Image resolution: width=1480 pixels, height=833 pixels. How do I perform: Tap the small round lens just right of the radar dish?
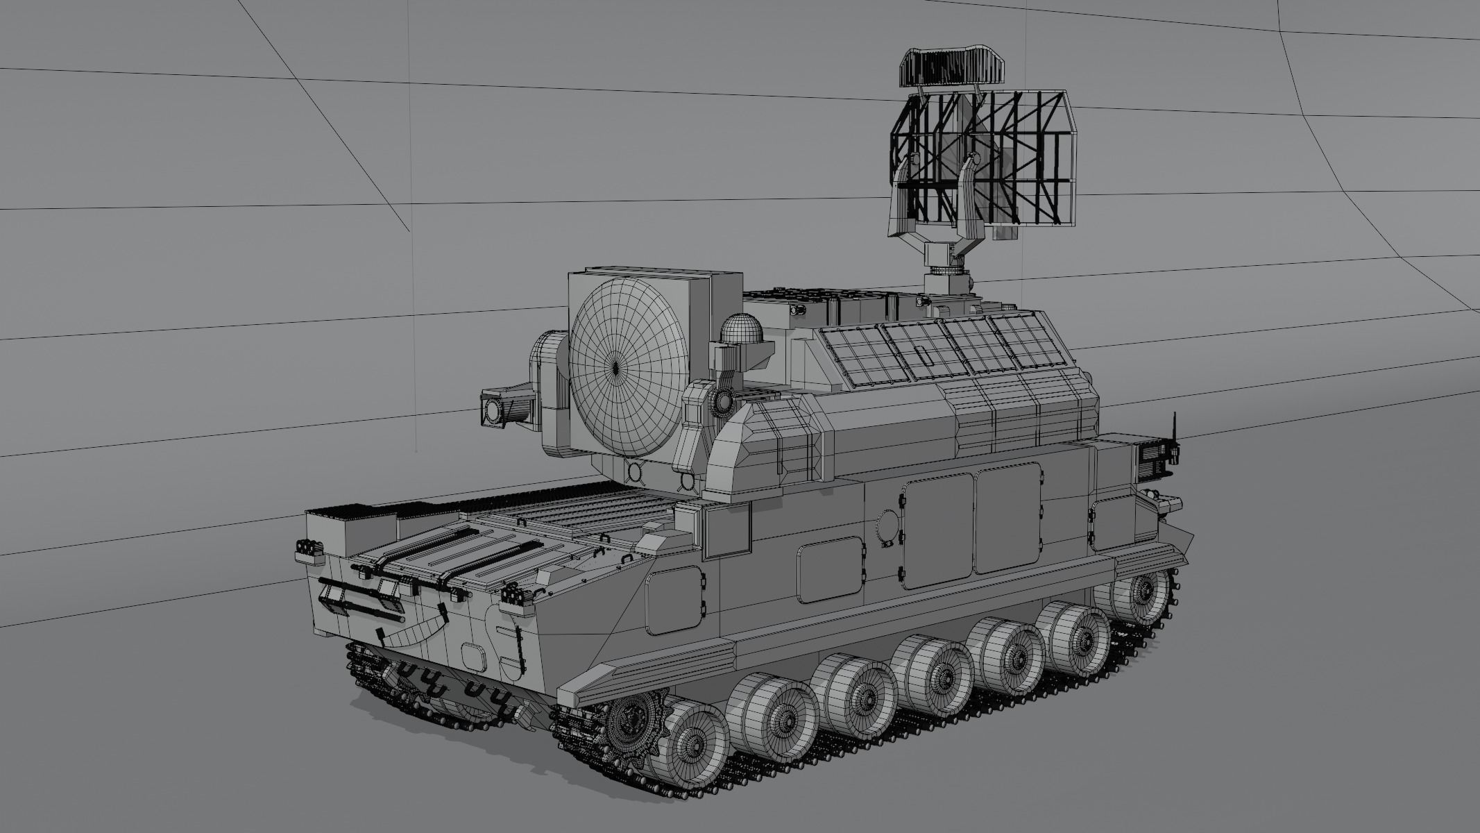(x=724, y=400)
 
